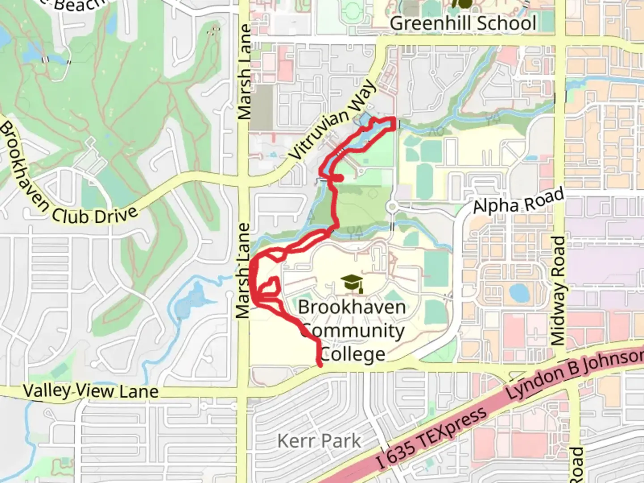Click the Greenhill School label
[x=463, y=23]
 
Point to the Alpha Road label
[x=518, y=201]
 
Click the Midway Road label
[x=558, y=291]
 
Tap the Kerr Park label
[x=319, y=441]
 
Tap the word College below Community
[x=353, y=355]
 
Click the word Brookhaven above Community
[x=352, y=307]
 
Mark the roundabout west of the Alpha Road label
[x=393, y=207]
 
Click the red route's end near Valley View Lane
[x=320, y=365]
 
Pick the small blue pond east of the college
[x=519, y=293]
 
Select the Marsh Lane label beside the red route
[x=243, y=271]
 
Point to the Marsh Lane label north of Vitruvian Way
[x=245, y=72]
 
